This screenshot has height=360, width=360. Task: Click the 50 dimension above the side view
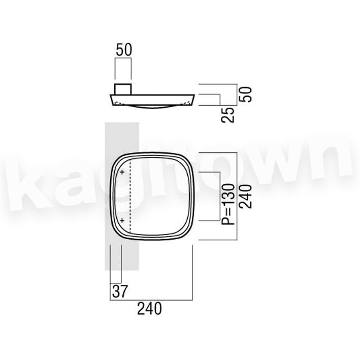[x=124, y=50]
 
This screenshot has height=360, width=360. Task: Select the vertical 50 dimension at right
[x=245, y=94]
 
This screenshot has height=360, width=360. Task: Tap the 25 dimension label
[x=228, y=115]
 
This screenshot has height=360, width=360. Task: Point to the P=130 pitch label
[x=228, y=204]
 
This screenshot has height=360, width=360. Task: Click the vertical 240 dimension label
[x=245, y=197]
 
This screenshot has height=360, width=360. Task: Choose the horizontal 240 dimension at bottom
[x=149, y=309]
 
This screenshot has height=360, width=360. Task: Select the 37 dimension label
[x=119, y=291]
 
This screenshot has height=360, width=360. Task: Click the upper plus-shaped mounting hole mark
[x=122, y=172]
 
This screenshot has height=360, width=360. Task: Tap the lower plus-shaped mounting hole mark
[x=122, y=221]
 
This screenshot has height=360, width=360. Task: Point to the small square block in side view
[x=123, y=89]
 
